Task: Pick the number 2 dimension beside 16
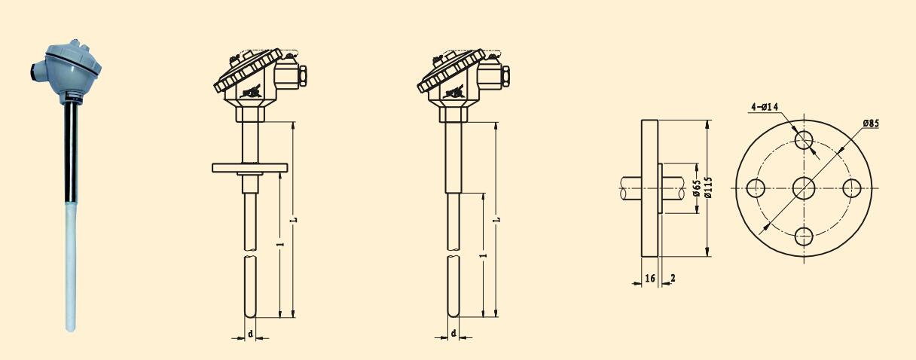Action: [672, 278]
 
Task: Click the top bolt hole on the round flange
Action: [805, 139]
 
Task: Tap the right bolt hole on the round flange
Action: [852, 188]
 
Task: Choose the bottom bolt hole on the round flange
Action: [805, 236]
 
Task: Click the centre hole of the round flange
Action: [805, 188]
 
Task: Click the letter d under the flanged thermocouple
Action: [250, 333]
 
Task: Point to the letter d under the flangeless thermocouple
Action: [453, 333]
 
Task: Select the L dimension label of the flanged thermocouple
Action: [295, 219]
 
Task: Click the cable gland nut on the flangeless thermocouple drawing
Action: [505, 75]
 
